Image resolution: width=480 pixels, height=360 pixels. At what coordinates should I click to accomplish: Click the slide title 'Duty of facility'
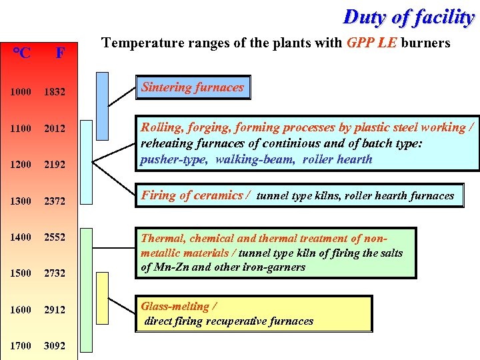408,17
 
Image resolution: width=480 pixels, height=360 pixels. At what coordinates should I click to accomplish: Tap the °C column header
21,53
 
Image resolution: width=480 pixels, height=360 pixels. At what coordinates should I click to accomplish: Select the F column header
60,53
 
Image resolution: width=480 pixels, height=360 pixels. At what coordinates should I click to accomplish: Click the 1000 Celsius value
21,92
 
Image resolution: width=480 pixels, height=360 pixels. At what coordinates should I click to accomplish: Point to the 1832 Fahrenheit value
55,92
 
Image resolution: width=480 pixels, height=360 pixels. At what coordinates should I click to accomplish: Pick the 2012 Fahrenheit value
55,128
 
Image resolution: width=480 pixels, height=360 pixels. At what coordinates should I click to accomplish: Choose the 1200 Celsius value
21,164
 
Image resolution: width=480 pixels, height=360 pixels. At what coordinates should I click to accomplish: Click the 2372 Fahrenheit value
55,200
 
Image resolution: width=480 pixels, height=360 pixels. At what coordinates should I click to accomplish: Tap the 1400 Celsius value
21,237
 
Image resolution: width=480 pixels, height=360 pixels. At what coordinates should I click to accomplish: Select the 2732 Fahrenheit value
55,273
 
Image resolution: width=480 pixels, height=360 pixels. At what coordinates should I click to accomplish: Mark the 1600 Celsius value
21,309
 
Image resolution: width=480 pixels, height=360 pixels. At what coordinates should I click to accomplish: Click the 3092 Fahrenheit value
55,345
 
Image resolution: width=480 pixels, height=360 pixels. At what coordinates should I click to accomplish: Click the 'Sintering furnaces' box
193,87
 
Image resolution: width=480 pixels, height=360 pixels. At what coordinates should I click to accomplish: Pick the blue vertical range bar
102,98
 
